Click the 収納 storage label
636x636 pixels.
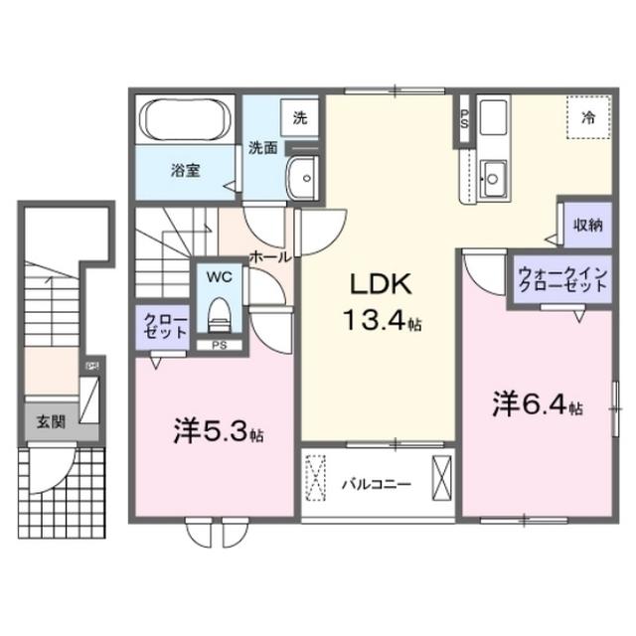[587, 225]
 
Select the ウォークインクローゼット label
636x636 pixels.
[561, 278]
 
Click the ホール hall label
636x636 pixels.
[269, 256]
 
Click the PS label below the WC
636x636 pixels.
[217, 345]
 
